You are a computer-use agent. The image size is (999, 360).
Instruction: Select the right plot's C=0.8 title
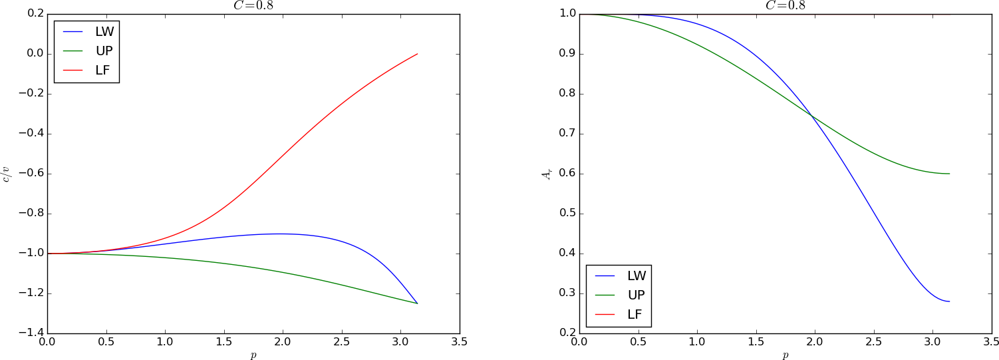point(785,5)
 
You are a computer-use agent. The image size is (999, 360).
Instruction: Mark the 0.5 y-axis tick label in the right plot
point(567,214)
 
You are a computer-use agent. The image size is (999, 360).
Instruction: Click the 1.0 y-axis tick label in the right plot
point(567,14)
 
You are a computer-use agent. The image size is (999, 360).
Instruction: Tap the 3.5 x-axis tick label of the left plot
point(459,343)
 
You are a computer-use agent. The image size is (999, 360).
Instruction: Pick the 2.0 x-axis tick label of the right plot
point(815,343)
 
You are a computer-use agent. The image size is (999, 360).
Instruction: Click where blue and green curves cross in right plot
point(812,116)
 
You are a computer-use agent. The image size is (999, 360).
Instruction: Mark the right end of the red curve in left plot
point(417,54)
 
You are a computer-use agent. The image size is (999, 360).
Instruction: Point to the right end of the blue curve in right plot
point(949,301)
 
